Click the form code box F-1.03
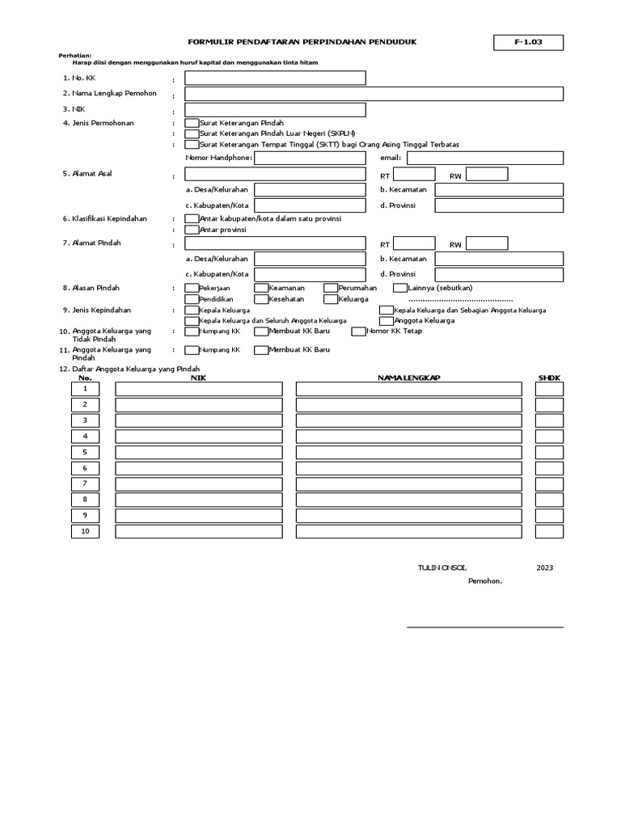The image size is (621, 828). [x=529, y=43]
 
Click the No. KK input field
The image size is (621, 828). [x=275, y=78]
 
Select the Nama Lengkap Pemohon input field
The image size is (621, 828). [x=374, y=94]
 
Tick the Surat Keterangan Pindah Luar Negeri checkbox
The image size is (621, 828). [x=192, y=133]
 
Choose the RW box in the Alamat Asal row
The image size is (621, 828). [x=487, y=174]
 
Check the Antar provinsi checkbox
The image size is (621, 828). [x=192, y=230]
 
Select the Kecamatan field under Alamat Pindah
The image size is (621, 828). [x=499, y=259]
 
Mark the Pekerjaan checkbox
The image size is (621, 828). [x=192, y=288]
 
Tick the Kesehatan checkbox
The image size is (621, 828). [x=261, y=299]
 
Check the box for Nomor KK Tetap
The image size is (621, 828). [x=358, y=331]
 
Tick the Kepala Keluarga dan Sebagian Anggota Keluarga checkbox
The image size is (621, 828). [x=387, y=310]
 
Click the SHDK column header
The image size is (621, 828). [x=549, y=378]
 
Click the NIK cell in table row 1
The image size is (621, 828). [x=199, y=389]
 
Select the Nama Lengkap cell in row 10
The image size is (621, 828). [x=408, y=531]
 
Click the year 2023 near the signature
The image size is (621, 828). [x=544, y=568]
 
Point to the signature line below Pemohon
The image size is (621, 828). [x=484, y=626]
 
